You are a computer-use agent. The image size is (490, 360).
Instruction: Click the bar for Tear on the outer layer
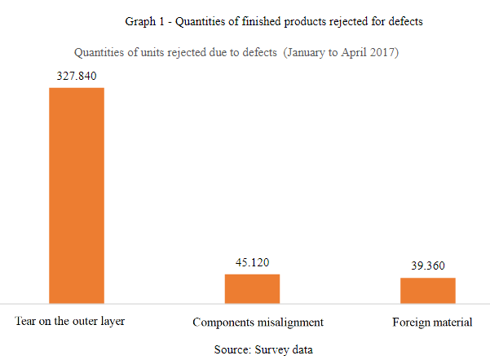click(x=77, y=195)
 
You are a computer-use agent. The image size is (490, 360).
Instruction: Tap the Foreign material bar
click(x=427, y=290)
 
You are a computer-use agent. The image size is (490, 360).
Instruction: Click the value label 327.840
click(x=77, y=76)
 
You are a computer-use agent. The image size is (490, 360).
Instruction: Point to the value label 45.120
click(x=252, y=262)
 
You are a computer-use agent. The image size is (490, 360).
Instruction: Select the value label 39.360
click(x=427, y=266)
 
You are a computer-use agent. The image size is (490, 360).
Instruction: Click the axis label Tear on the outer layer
click(x=70, y=321)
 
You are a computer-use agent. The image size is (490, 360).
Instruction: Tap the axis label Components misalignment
click(x=258, y=322)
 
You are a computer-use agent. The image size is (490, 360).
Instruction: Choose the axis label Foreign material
click(x=432, y=322)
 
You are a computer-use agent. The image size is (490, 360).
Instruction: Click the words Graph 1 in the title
click(x=144, y=20)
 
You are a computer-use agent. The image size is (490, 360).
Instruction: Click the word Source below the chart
click(x=232, y=348)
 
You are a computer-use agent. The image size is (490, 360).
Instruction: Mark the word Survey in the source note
click(x=271, y=348)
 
